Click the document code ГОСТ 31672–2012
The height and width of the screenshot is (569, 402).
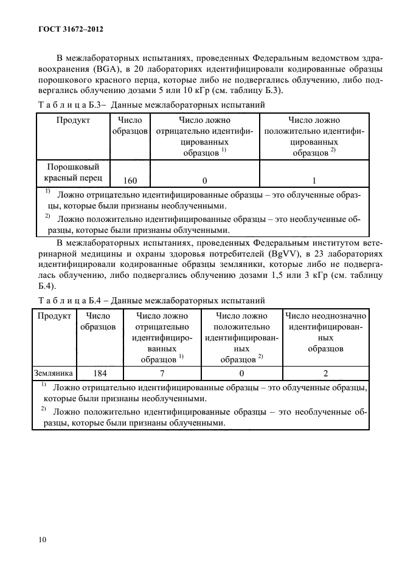[x=61, y=29]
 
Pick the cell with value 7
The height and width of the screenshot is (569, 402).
[x=162, y=373]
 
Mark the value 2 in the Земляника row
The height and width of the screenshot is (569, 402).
[x=325, y=373]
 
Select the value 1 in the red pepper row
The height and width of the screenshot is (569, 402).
[x=314, y=180]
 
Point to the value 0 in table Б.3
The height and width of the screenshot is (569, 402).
[x=204, y=180]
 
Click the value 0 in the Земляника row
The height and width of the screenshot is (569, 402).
[x=241, y=373]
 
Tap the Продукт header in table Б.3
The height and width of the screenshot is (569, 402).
[x=74, y=120]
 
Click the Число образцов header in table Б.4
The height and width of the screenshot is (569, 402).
[x=99, y=322]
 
